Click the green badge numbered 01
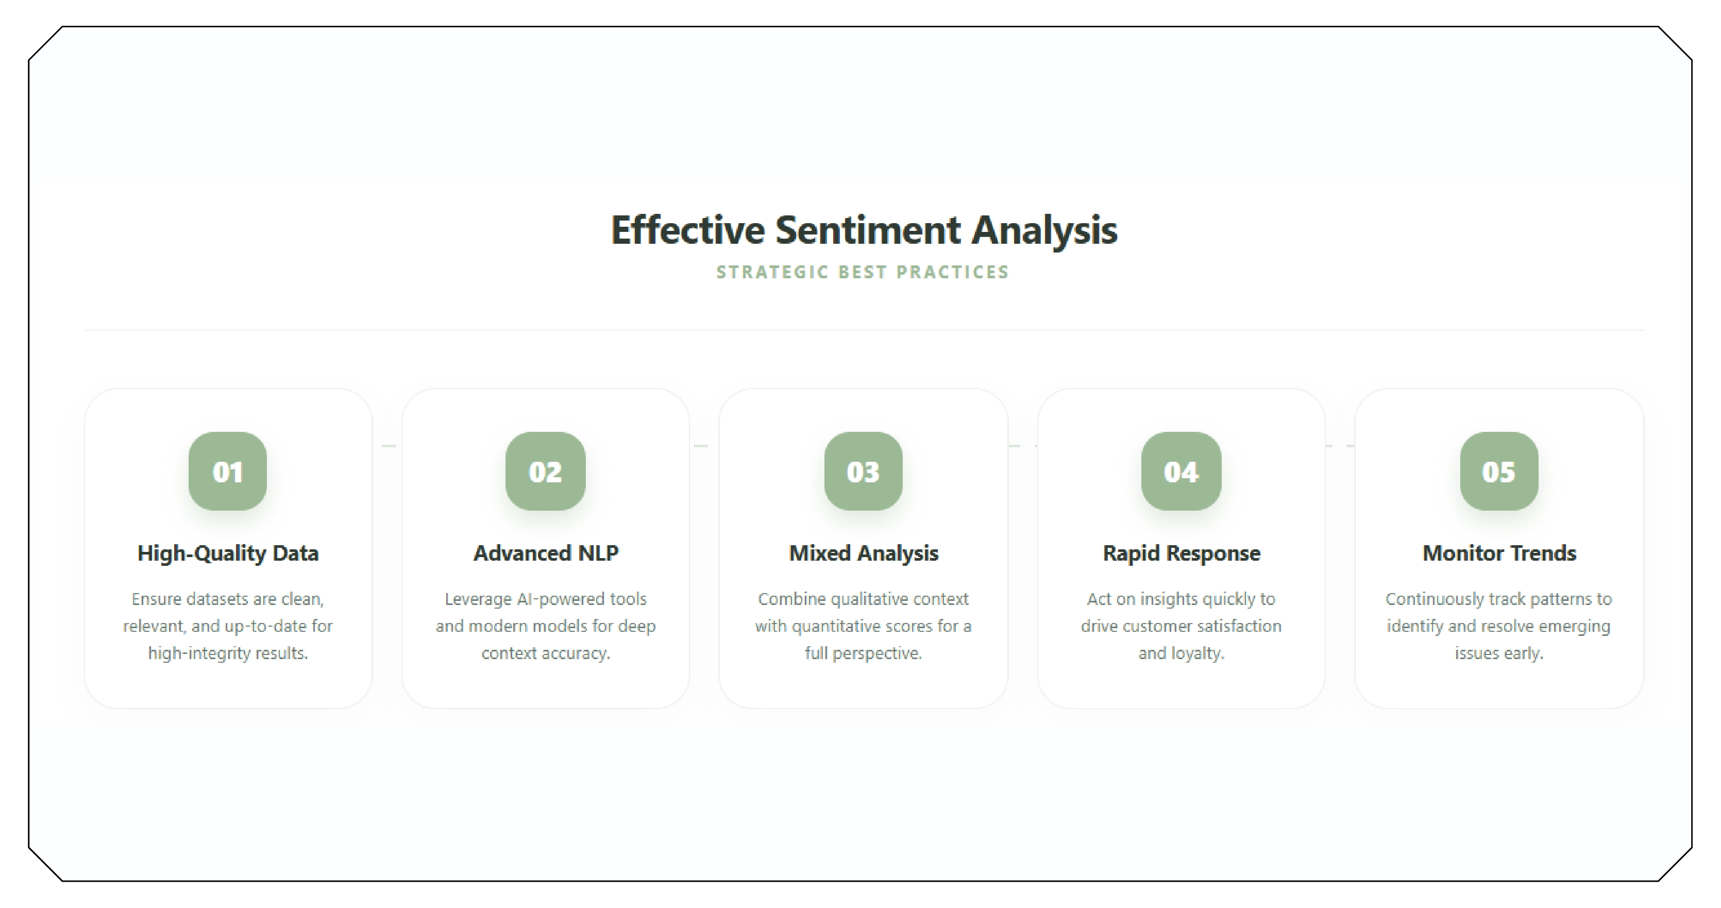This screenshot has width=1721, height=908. [228, 471]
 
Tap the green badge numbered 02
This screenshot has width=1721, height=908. [545, 471]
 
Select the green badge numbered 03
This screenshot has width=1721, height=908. [863, 471]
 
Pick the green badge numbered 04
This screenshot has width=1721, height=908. [1181, 471]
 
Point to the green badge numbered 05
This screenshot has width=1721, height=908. [1498, 471]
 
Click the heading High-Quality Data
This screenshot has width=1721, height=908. [228, 553]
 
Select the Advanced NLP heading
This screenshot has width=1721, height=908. [545, 553]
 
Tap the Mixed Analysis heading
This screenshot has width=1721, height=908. [863, 553]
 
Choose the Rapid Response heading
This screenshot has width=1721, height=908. [1181, 553]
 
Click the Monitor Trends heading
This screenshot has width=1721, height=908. [1498, 553]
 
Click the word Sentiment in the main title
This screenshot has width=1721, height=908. [868, 230]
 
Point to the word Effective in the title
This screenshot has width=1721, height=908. [687, 230]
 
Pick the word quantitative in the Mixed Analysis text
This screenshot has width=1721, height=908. [837, 627]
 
